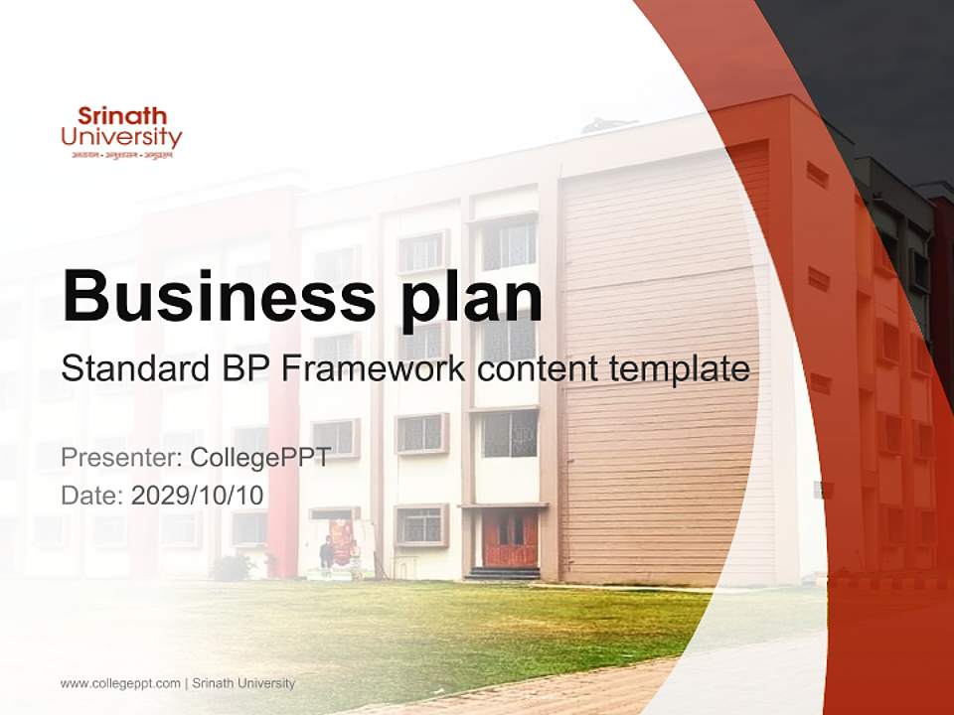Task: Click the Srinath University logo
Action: pyautogui.click(x=121, y=133)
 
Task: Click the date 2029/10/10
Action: pyautogui.click(x=198, y=495)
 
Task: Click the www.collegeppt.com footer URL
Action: pyautogui.click(x=120, y=683)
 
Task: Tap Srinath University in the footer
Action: pyautogui.click(x=242, y=683)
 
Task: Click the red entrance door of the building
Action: pyautogui.click(x=510, y=538)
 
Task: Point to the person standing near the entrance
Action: pyautogui.click(x=327, y=552)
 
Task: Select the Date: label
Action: pyautogui.click(x=92, y=495)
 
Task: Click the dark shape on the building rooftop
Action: pyautogui.click(x=608, y=125)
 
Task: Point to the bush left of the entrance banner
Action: pyautogui.click(x=233, y=567)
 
